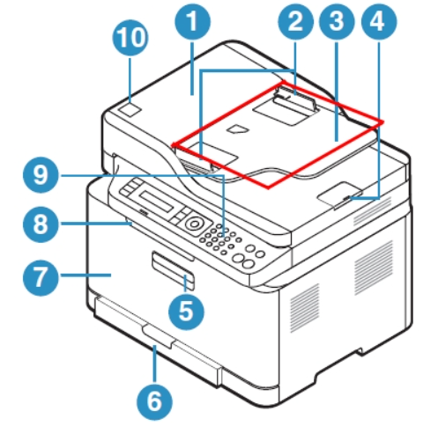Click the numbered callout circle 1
pyautogui.click(x=192, y=21)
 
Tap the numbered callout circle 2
pyautogui.click(x=295, y=21)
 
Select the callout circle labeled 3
pyautogui.click(x=337, y=21)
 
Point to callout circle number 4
pyautogui.click(x=379, y=21)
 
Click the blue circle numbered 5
pyautogui.click(x=186, y=312)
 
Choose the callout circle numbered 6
pyautogui.click(x=154, y=401)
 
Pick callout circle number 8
pyautogui.click(x=41, y=224)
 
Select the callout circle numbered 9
pyautogui.click(x=41, y=175)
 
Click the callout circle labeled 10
pyautogui.click(x=130, y=38)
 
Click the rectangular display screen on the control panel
pyautogui.click(x=155, y=201)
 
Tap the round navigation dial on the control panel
pyautogui.click(x=194, y=224)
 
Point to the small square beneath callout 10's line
pyautogui.click(x=130, y=110)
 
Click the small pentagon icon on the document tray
pyautogui.click(x=238, y=129)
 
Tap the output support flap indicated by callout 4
pyautogui.click(x=340, y=195)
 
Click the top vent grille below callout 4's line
pyautogui.click(x=373, y=211)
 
